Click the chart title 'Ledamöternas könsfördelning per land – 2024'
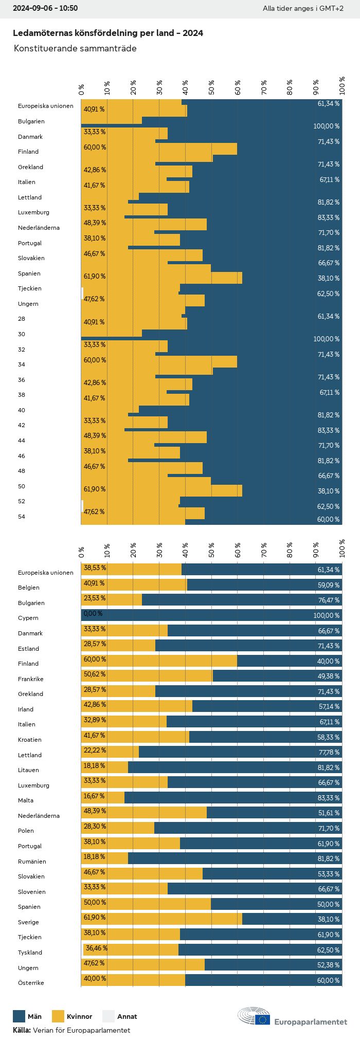[x=107, y=33]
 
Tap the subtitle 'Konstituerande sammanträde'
[x=75, y=48]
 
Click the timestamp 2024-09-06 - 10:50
[x=45, y=8]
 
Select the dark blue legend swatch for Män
[x=19, y=1016]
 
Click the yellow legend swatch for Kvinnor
[x=58, y=1016]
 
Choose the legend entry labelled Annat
[x=127, y=1016]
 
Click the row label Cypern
[x=28, y=618]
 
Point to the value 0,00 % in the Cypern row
[x=93, y=614]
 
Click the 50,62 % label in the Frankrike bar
[x=95, y=674]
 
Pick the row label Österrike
[x=31, y=983]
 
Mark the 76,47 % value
[x=329, y=600]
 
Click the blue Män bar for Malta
[x=231, y=797]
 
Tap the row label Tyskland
[x=30, y=953]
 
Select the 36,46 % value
[x=97, y=948]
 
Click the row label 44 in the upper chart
[x=21, y=441]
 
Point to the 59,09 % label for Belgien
[x=329, y=585]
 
